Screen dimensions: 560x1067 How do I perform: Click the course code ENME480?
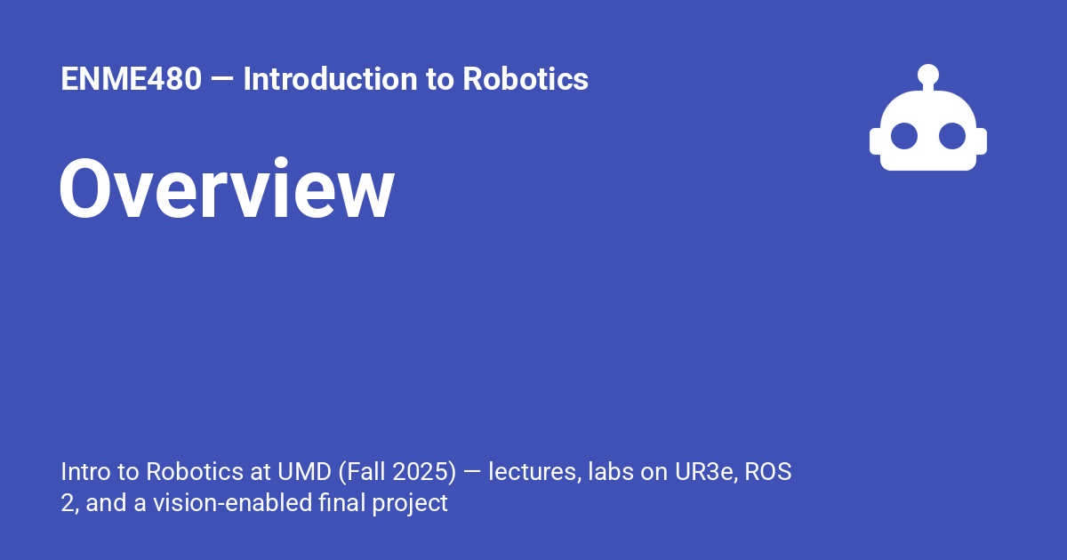(x=131, y=80)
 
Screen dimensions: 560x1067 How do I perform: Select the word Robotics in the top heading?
(x=525, y=80)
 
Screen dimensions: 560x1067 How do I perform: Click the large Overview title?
(x=227, y=189)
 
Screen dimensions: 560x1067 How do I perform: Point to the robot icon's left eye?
(x=904, y=136)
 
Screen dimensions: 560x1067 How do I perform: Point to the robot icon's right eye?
(x=952, y=136)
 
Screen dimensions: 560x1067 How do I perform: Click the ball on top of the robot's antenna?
(x=928, y=74)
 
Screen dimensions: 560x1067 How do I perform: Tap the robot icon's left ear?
(x=875, y=141)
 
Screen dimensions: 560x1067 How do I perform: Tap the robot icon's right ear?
(x=982, y=141)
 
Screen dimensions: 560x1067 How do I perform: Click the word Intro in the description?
(x=83, y=471)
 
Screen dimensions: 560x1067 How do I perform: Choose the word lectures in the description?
(x=532, y=471)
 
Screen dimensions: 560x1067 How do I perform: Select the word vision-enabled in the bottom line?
(x=233, y=503)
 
